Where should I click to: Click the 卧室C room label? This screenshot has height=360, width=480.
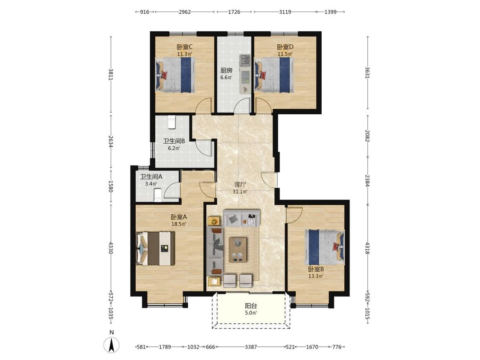[185, 47]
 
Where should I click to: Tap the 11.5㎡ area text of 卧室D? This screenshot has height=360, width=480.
[285, 54]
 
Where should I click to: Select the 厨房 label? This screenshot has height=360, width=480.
[227, 70]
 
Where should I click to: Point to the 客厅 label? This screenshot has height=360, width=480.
[240, 185]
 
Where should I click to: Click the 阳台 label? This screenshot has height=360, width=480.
[251, 306]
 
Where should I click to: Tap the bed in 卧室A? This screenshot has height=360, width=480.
[155, 248]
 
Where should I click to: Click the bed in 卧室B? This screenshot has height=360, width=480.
[325, 247]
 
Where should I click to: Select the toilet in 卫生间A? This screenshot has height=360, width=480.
[157, 195]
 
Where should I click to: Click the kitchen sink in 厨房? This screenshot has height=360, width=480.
[244, 60]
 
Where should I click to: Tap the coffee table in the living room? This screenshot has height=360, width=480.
[238, 250]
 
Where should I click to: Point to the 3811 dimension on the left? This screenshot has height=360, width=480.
[111, 74]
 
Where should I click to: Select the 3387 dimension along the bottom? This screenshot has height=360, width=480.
[251, 347]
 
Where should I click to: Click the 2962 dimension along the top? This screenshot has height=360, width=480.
[185, 12]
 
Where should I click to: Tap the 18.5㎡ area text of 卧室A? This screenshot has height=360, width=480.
[179, 224]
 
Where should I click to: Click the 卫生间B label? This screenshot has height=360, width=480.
[174, 141]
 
